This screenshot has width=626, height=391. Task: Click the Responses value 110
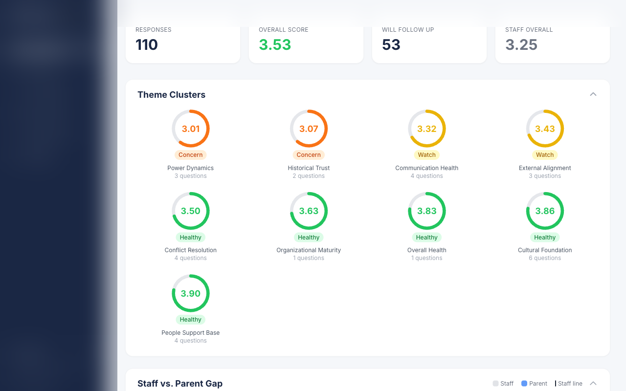147,44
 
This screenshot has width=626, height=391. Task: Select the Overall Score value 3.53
275,44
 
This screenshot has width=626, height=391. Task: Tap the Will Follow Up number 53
391,44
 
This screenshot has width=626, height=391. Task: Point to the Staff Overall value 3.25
521,44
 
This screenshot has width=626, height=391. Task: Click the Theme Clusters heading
171,95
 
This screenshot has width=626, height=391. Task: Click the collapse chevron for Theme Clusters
593,94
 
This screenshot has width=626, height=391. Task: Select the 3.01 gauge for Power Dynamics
191,129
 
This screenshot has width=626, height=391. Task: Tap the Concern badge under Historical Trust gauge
309,155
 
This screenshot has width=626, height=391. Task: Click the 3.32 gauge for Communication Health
426,129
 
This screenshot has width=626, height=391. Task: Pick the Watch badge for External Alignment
545,155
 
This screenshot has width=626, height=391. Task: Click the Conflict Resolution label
191,250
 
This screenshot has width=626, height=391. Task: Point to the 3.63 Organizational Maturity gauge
309,211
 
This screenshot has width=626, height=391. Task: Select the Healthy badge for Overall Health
426,238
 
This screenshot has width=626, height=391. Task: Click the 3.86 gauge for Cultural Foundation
545,211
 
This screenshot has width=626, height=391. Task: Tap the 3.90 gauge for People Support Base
191,293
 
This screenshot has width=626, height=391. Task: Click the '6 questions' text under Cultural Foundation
545,258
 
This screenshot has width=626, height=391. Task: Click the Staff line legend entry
569,384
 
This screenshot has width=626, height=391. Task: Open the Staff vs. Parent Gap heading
180,384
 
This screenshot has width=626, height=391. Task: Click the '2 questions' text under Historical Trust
309,176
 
